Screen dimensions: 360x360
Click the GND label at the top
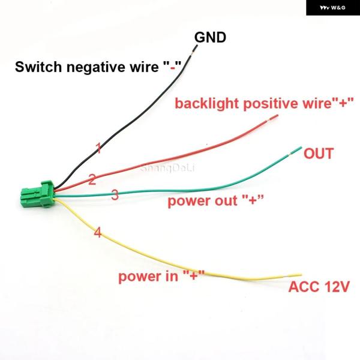pos(209,38)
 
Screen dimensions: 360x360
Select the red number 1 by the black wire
pos(98,148)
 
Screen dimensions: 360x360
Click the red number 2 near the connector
pos(92,179)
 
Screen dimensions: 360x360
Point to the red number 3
pos(115,195)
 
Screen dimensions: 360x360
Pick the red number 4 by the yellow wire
pos(98,233)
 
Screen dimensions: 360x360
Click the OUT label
pos(318,154)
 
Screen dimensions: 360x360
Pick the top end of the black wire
pos(191,50)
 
